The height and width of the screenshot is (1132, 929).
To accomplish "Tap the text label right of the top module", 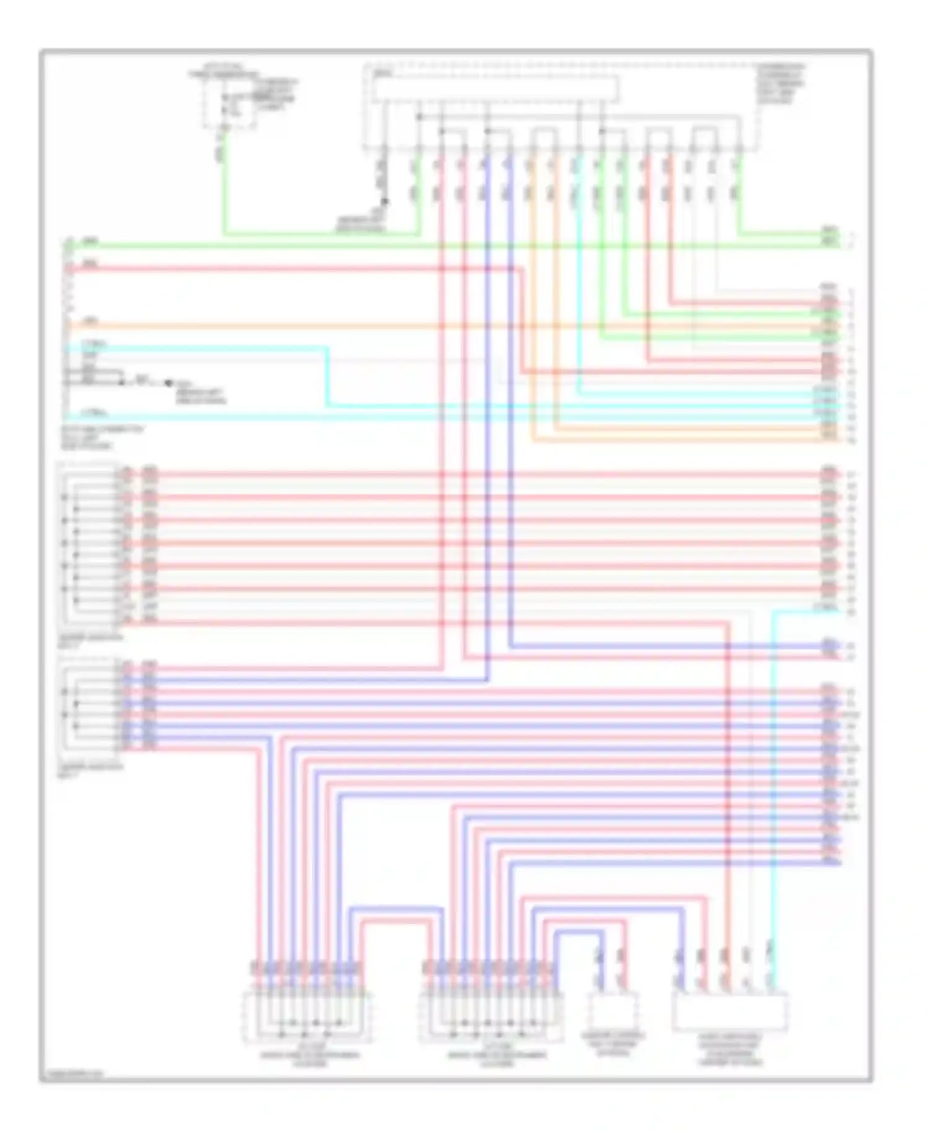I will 781,83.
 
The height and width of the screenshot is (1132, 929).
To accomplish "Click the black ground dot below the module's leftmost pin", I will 385,201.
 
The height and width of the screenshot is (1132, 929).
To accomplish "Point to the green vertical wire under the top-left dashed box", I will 224,186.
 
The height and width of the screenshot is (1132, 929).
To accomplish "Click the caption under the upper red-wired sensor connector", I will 89,640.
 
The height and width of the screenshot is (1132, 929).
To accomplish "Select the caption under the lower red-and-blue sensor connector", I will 89,770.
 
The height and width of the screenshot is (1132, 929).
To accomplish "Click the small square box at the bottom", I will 613,1010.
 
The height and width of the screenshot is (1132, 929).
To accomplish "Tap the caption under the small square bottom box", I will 613,1043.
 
